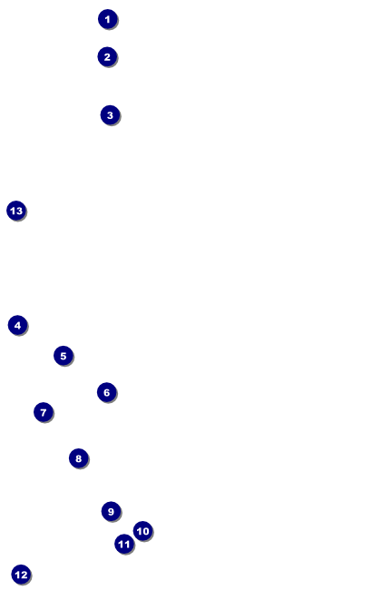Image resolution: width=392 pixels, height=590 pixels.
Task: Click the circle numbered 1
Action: click(x=108, y=19)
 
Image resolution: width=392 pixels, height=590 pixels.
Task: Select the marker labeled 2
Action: click(x=107, y=57)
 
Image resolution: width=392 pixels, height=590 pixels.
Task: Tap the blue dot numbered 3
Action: click(x=110, y=115)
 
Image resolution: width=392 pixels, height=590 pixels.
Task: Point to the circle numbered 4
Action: click(x=17, y=326)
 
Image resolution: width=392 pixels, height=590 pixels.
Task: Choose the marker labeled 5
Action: click(x=64, y=356)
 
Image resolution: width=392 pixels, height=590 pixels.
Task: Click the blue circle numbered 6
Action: click(x=107, y=392)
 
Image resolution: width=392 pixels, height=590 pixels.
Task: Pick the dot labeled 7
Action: click(x=44, y=412)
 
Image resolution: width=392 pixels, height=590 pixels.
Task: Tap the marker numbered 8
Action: click(x=79, y=458)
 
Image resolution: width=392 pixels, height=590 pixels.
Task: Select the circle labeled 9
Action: click(x=111, y=511)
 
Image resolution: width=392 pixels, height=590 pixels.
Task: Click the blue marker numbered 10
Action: click(x=143, y=531)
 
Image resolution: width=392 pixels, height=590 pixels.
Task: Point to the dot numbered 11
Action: click(x=124, y=544)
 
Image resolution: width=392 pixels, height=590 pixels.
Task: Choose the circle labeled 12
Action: click(x=21, y=575)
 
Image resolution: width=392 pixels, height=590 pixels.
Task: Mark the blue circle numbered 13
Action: click(x=16, y=211)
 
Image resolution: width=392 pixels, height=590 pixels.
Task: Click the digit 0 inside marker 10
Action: click(x=145, y=531)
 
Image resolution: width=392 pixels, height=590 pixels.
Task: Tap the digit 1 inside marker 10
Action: click(x=139, y=531)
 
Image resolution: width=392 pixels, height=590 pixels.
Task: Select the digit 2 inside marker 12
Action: click(x=24, y=575)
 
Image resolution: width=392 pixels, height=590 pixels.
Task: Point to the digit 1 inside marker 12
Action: click(x=17, y=575)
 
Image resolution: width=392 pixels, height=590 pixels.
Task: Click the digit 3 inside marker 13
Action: click(x=19, y=211)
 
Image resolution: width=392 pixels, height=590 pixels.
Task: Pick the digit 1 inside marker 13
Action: click(x=13, y=211)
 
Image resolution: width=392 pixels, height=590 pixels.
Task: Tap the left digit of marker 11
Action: click(x=121, y=545)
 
